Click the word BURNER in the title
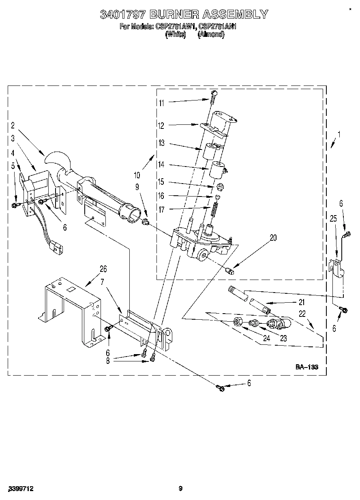(174, 15)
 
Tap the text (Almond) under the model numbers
(211, 35)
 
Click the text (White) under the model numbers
(176, 35)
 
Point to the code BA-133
(306, 367)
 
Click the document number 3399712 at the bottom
(20, 489)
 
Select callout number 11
(161, 103)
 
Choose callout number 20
(273, 238)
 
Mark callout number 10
(137, 175)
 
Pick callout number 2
(13, 125)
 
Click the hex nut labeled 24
(239, 323)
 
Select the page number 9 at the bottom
(180, 489)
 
